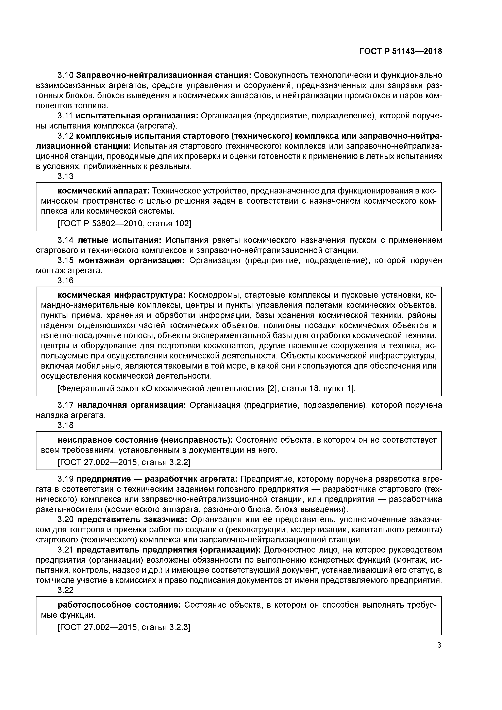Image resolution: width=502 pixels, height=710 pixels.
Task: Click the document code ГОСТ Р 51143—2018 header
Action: coord(401,51)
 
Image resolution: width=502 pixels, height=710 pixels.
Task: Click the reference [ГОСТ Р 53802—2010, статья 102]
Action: coord(124,223)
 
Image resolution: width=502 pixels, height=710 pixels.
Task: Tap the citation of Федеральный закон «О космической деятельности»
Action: coord(207,388)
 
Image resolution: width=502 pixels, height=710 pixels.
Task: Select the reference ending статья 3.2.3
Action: coord(124,627)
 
